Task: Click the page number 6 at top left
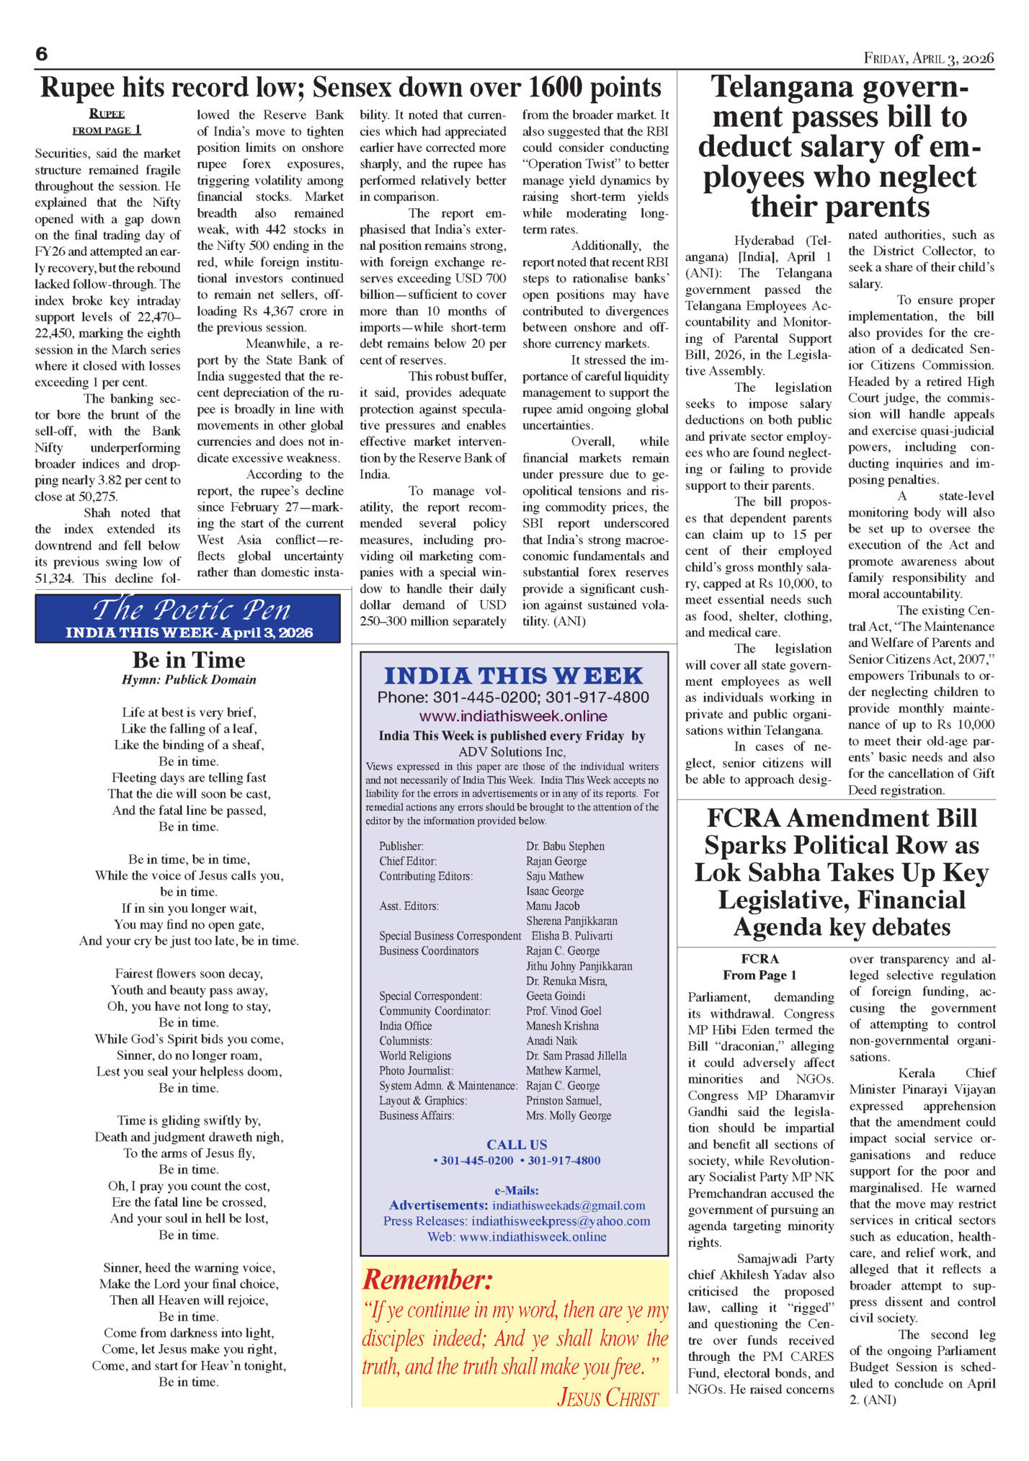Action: coord(42,54)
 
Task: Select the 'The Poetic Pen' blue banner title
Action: coord(191,610)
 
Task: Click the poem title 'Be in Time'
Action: coord(189,660)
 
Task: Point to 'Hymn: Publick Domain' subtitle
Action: coord(189,679)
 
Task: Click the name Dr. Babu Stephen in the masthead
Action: coord(565,846)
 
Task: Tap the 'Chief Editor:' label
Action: coord(408,861)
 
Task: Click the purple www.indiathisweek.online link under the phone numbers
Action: coord(513,716)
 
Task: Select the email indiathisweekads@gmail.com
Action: coord(569,1205)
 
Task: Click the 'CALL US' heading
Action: coord(517,1144)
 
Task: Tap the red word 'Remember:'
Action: coord(427,1280)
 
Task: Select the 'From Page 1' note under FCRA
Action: coord(759,975)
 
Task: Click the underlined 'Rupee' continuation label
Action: coord(107,113)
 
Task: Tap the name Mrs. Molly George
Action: coord(569,1115)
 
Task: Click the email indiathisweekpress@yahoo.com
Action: coord(561,1221)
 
